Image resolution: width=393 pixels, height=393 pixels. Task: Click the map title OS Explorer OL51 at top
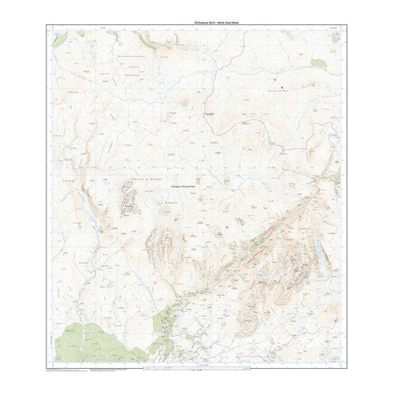pyautogui.click(x=196, y=21)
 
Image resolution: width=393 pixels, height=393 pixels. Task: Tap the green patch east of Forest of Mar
pyautogui.click(x=318, y=64)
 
